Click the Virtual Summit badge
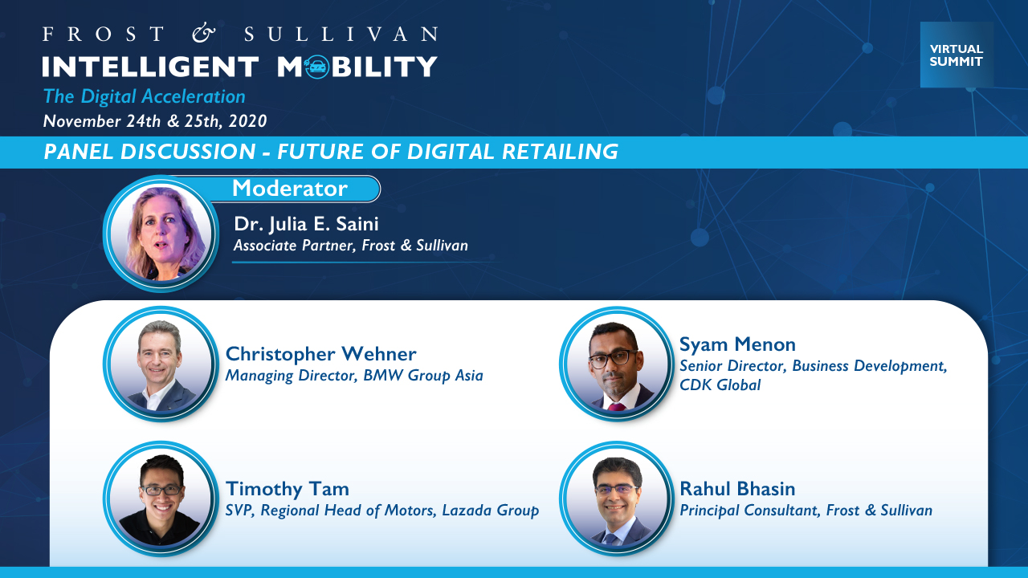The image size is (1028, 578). tap(957, 55)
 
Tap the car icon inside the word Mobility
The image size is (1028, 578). tap(316, 67)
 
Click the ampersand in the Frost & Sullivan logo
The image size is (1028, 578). tap(203, 34)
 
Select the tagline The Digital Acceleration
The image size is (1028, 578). tap(144, 97)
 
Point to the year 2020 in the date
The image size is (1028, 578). tap(247, 121)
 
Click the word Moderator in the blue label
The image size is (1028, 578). tap(290, 188)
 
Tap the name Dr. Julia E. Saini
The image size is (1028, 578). tap(306, 224)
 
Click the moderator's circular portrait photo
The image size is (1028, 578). tap(161, 234)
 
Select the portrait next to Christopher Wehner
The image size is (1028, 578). tap(161, 364)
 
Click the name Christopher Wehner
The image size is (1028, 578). tap(320, 354)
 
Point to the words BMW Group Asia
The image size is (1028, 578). tap(422, 376)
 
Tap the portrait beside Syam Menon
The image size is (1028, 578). tap(616, 364)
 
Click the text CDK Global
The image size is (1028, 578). tap(720, 385)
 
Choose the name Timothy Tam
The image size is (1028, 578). tap(288, 489)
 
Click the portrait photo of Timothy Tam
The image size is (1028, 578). tap(161, 499)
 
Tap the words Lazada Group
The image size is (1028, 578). tap(490, 511)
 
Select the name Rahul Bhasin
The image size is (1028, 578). tap(737, 489)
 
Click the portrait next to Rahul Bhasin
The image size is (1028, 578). tap(616, 499)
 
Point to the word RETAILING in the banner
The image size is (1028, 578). tap(560, 152)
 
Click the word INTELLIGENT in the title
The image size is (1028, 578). tap(150, 67)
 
